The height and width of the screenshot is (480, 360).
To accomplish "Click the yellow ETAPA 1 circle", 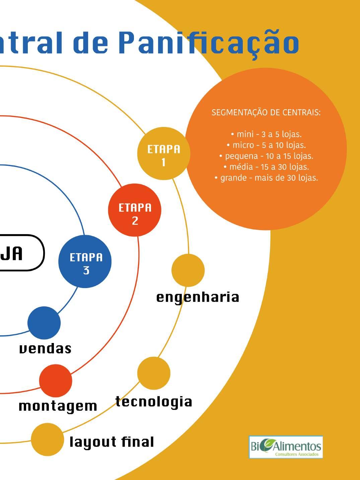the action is [x=163, y=154].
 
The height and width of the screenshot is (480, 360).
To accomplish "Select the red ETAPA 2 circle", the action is [x=135, y=210].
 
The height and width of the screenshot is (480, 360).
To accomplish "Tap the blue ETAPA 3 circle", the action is [x=85, y=261].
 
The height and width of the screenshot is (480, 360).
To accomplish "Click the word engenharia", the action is [x=198, y=297].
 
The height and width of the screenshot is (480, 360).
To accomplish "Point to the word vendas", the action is [x=45, y=348].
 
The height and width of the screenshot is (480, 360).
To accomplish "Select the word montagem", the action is [x=58, y=406].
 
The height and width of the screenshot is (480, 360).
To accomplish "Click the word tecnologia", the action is [x=154, y=401].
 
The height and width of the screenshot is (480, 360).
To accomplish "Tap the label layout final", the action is [x=112, y=442].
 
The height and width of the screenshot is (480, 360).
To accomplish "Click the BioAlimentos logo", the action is [x=286, y=447].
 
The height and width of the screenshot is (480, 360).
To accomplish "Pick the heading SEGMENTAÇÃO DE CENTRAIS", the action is [x=266, y=113].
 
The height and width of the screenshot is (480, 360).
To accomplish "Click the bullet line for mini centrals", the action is [x=266, y=134].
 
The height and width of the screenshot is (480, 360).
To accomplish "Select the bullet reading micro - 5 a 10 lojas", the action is [x=266, y=145].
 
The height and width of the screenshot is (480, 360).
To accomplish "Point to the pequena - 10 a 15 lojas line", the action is [x=266, y=156].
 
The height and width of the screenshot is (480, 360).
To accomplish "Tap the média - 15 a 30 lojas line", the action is [x=266, y=167].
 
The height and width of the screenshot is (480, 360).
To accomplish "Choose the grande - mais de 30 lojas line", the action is [x=266, y=178].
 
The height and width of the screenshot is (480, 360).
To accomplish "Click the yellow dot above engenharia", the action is [x=188, y=270].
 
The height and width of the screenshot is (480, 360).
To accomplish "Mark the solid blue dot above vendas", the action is [x=44, y=323].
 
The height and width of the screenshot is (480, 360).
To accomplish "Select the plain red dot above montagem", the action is [x=56, y=381].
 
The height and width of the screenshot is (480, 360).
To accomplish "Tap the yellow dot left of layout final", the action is [x=47, y=439].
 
